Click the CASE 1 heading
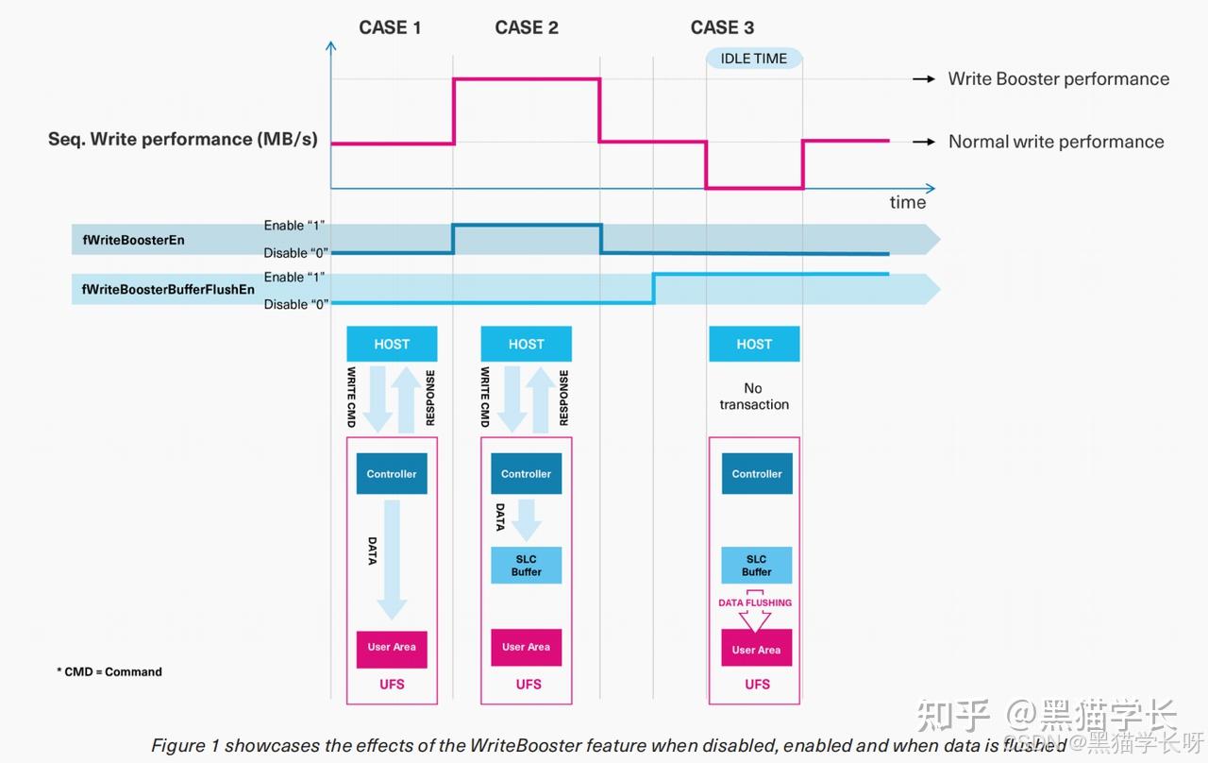pyautogui.click(x=390, y=27)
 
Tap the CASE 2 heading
pyautogui.click(x=527, y=27)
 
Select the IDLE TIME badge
pyautogui.click(x=753, y=59)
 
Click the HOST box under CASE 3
pyautogui.click(x=754, y=344)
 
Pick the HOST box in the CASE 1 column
pyautogui.click(x=392, y=344)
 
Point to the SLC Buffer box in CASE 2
pyautogui.click(x=526, y=565)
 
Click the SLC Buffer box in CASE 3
pyautogui.click(x=757, y=565)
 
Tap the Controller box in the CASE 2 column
pyautogui.click(x=526, y=473)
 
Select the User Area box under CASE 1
pyautogui.click(x=392, y=649)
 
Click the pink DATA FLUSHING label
pyautogui.click(x=755, y=602)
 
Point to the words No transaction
pyautogui.click(x=754, y=396)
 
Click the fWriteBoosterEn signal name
pyautogui.click(x=133, y=240)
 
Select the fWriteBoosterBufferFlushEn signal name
pyautogui.click(x=168, y=290)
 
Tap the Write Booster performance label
pyautogui.click(x=1059, y=78)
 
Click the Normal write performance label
pyautogui.click(x=1056, y=142)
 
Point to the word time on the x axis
pyautogui.click(x=908, y=202)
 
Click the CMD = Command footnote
pyautogui.click(x=109, y=671)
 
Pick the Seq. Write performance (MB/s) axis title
pyautogui.click(x=183, y=139)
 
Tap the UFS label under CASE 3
pyautogui.click(x=757, y=685)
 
